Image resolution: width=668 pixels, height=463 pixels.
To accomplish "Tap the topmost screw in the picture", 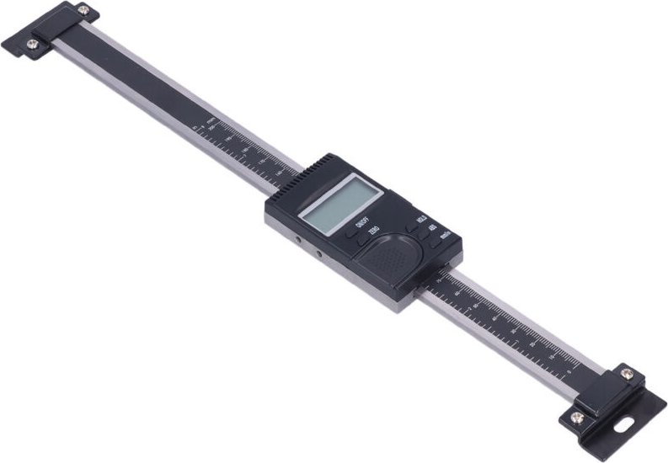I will (x=83, y=10).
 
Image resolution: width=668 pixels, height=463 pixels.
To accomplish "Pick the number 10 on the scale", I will (x=552, y=357).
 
